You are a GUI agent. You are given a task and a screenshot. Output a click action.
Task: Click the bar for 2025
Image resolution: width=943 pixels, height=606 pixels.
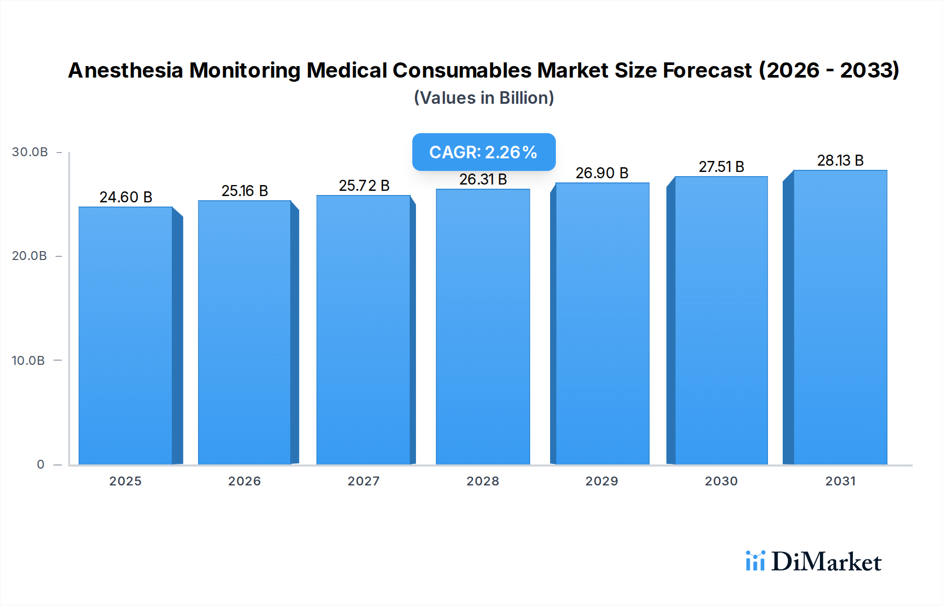(126, 336)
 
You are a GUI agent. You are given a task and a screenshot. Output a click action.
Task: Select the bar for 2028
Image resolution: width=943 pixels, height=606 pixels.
(483, 327)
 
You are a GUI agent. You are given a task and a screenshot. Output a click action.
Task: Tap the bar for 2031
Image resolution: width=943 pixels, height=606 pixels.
(840, 317)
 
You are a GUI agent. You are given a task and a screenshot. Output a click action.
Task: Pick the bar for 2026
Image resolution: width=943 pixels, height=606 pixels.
(245, 332)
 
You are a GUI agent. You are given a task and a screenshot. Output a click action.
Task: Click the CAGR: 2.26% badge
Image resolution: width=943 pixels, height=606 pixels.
(484, 152)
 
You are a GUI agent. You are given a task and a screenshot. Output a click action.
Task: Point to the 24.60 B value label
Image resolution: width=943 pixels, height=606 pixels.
(126, 197)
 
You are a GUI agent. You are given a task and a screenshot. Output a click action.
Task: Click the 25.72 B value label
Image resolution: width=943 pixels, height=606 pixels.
(364, 186)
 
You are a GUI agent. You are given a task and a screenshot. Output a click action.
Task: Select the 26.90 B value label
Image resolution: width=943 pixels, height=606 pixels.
(602, 173)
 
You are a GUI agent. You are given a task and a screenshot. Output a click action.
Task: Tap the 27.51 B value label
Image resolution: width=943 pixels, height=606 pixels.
(721, 167)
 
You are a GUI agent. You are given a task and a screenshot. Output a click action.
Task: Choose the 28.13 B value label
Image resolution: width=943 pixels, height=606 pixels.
(840, 160)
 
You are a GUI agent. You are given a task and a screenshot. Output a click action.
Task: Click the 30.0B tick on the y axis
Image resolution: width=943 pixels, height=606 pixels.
(30, 152)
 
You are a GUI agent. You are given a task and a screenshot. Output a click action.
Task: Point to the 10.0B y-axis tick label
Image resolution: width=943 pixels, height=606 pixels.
(28, 361)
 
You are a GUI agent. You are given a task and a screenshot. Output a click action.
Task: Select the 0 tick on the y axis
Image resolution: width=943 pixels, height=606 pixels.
(40, 464)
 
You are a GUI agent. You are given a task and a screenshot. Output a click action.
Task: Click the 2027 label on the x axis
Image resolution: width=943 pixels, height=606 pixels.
(364, 481)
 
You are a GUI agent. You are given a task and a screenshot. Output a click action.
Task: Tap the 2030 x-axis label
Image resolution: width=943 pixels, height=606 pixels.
(721, 481)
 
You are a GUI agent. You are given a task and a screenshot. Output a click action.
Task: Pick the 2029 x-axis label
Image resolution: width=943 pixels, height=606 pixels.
(602, 481)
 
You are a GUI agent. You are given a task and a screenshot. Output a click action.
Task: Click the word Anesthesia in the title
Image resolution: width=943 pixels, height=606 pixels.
(126, 70)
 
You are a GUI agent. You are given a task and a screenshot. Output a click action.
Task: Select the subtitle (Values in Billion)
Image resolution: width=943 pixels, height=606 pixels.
(484, 98)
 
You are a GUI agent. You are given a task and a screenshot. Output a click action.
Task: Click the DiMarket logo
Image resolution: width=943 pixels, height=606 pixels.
(814, 561)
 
